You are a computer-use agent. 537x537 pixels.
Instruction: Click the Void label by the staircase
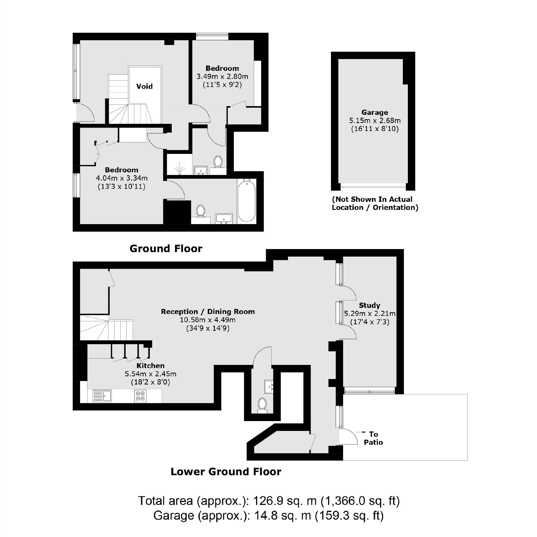144,86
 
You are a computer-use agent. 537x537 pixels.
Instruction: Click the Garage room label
374,112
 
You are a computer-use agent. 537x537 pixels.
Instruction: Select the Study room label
369,305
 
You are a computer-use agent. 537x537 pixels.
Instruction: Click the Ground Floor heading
166,248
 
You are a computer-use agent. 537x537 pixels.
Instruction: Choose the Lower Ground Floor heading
226,472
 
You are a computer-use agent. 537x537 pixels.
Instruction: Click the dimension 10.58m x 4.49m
208,320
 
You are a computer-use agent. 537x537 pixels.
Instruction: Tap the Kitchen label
150,365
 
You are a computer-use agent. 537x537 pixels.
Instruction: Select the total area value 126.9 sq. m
285,501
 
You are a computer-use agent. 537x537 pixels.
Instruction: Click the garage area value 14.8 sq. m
282,516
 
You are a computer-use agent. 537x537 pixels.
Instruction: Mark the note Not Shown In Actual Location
375,203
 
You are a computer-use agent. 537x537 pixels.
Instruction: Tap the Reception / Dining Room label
208,312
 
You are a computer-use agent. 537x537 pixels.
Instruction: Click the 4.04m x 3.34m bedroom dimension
121,178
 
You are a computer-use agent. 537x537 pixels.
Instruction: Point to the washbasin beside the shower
200,170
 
